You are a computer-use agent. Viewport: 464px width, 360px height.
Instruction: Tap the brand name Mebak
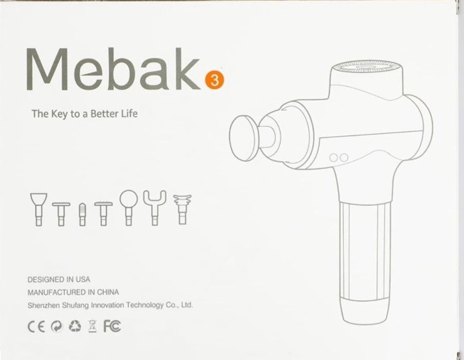pyautogui.click(x=114, y=69)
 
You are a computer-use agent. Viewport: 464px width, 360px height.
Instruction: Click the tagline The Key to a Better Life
pyautogui.click(x=85, y=114)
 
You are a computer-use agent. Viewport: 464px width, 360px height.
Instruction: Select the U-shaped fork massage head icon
pyautogui.click(x=155, y=208)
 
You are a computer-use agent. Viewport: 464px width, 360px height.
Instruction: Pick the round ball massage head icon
pyautogui.click(x=129, y=208)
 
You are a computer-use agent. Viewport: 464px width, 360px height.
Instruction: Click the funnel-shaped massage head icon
pyautogui.click(x=39, y=209)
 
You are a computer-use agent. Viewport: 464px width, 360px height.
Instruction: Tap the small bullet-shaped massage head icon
pyautogui.click(x=82, y=214)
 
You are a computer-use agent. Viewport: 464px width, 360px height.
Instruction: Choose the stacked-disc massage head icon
pyautogui.click(x=182, y=209)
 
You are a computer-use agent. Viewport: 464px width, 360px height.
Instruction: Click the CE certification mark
pyautogui.click(x=36, y=327)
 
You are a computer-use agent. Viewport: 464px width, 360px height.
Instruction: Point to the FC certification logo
pyautogui.click(x=112, y=326)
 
